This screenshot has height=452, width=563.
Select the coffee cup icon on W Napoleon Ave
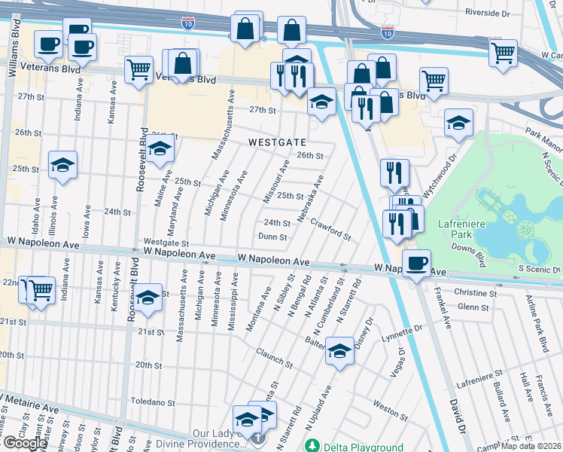click(416, 264)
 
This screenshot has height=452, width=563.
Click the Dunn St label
click(272, 237)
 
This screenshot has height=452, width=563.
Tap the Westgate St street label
click(166, 243)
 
